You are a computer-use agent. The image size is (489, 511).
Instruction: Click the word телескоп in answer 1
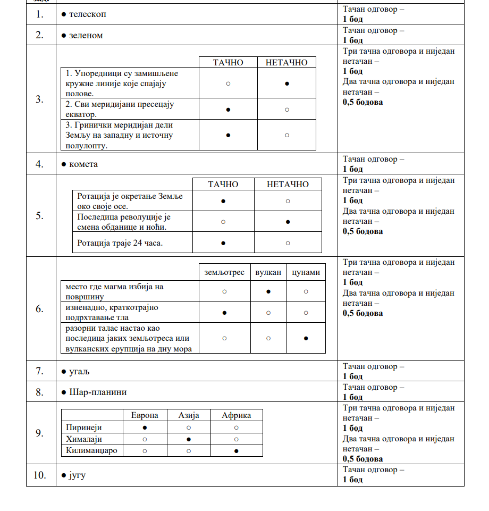88,14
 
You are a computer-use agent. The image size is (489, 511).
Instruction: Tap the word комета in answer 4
83,164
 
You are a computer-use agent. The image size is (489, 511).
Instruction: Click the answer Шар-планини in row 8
98,392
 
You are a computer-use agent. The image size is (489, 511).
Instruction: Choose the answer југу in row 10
77,475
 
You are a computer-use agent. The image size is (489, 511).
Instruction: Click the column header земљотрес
224,272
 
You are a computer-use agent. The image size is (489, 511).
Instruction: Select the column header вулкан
268,272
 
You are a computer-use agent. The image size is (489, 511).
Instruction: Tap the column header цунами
306,272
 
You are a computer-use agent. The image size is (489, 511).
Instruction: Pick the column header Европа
145,415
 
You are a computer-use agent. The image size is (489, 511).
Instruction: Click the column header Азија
189,415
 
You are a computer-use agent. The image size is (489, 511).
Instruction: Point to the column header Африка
236,415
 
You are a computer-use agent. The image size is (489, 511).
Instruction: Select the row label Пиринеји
84,428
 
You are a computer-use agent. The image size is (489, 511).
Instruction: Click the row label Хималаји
84,439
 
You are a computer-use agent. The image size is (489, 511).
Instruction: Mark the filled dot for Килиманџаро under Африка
236,451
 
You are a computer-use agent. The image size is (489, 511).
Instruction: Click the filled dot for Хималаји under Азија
189,439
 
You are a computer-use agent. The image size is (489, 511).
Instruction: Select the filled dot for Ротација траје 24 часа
223,243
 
